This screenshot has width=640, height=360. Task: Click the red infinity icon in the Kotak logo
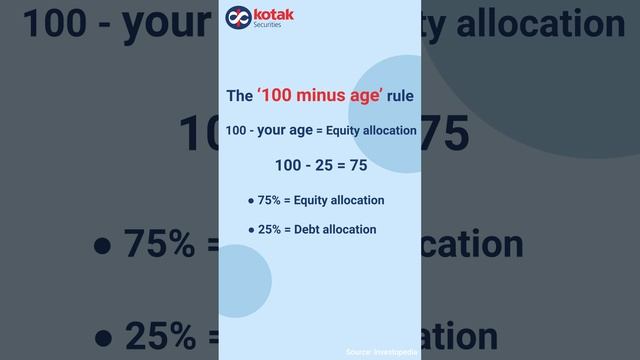point(236,17)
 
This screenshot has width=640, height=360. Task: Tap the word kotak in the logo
point(269,13)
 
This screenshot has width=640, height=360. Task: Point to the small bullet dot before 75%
point(252,201)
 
